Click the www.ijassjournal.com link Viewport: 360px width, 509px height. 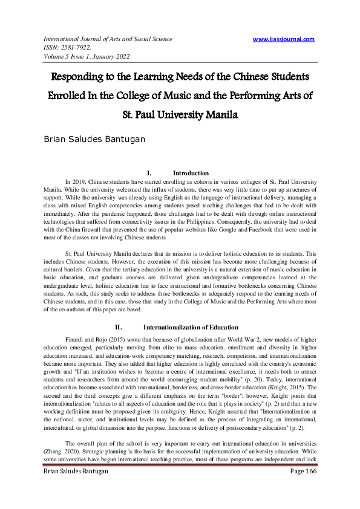284,39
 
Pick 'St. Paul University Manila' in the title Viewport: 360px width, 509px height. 180,115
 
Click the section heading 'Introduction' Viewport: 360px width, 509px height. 191,173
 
